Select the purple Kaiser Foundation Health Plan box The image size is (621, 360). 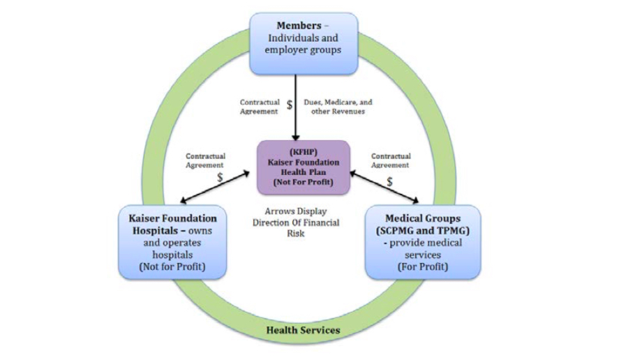pyautogui.click(x=303, y=167)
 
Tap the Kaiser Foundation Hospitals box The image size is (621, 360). pyautogui.click(x=172, y=241)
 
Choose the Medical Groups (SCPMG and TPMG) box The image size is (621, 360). pyautogui.click(x=422, y=241)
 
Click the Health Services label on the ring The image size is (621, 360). pyautogui.click(x=303, y=329)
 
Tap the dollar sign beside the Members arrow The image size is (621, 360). pyautogui.click(x=290, y=106)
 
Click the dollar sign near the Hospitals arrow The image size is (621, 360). pyautogui.click(x=220, y=178)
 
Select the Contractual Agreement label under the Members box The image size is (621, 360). pyautogui.click(x=260, y=106)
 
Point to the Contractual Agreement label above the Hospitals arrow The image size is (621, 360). pyautogui.click(x=204, y=160)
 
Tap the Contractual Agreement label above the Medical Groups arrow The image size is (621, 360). pyautogui.click(x=391, y=160)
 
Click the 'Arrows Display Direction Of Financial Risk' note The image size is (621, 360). pyautogui.click(x=296, y=223)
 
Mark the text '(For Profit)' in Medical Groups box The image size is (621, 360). pyautogui.click(x=422, y=267)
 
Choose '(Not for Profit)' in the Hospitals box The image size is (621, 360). pyautogui.click(x=172, y=267)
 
